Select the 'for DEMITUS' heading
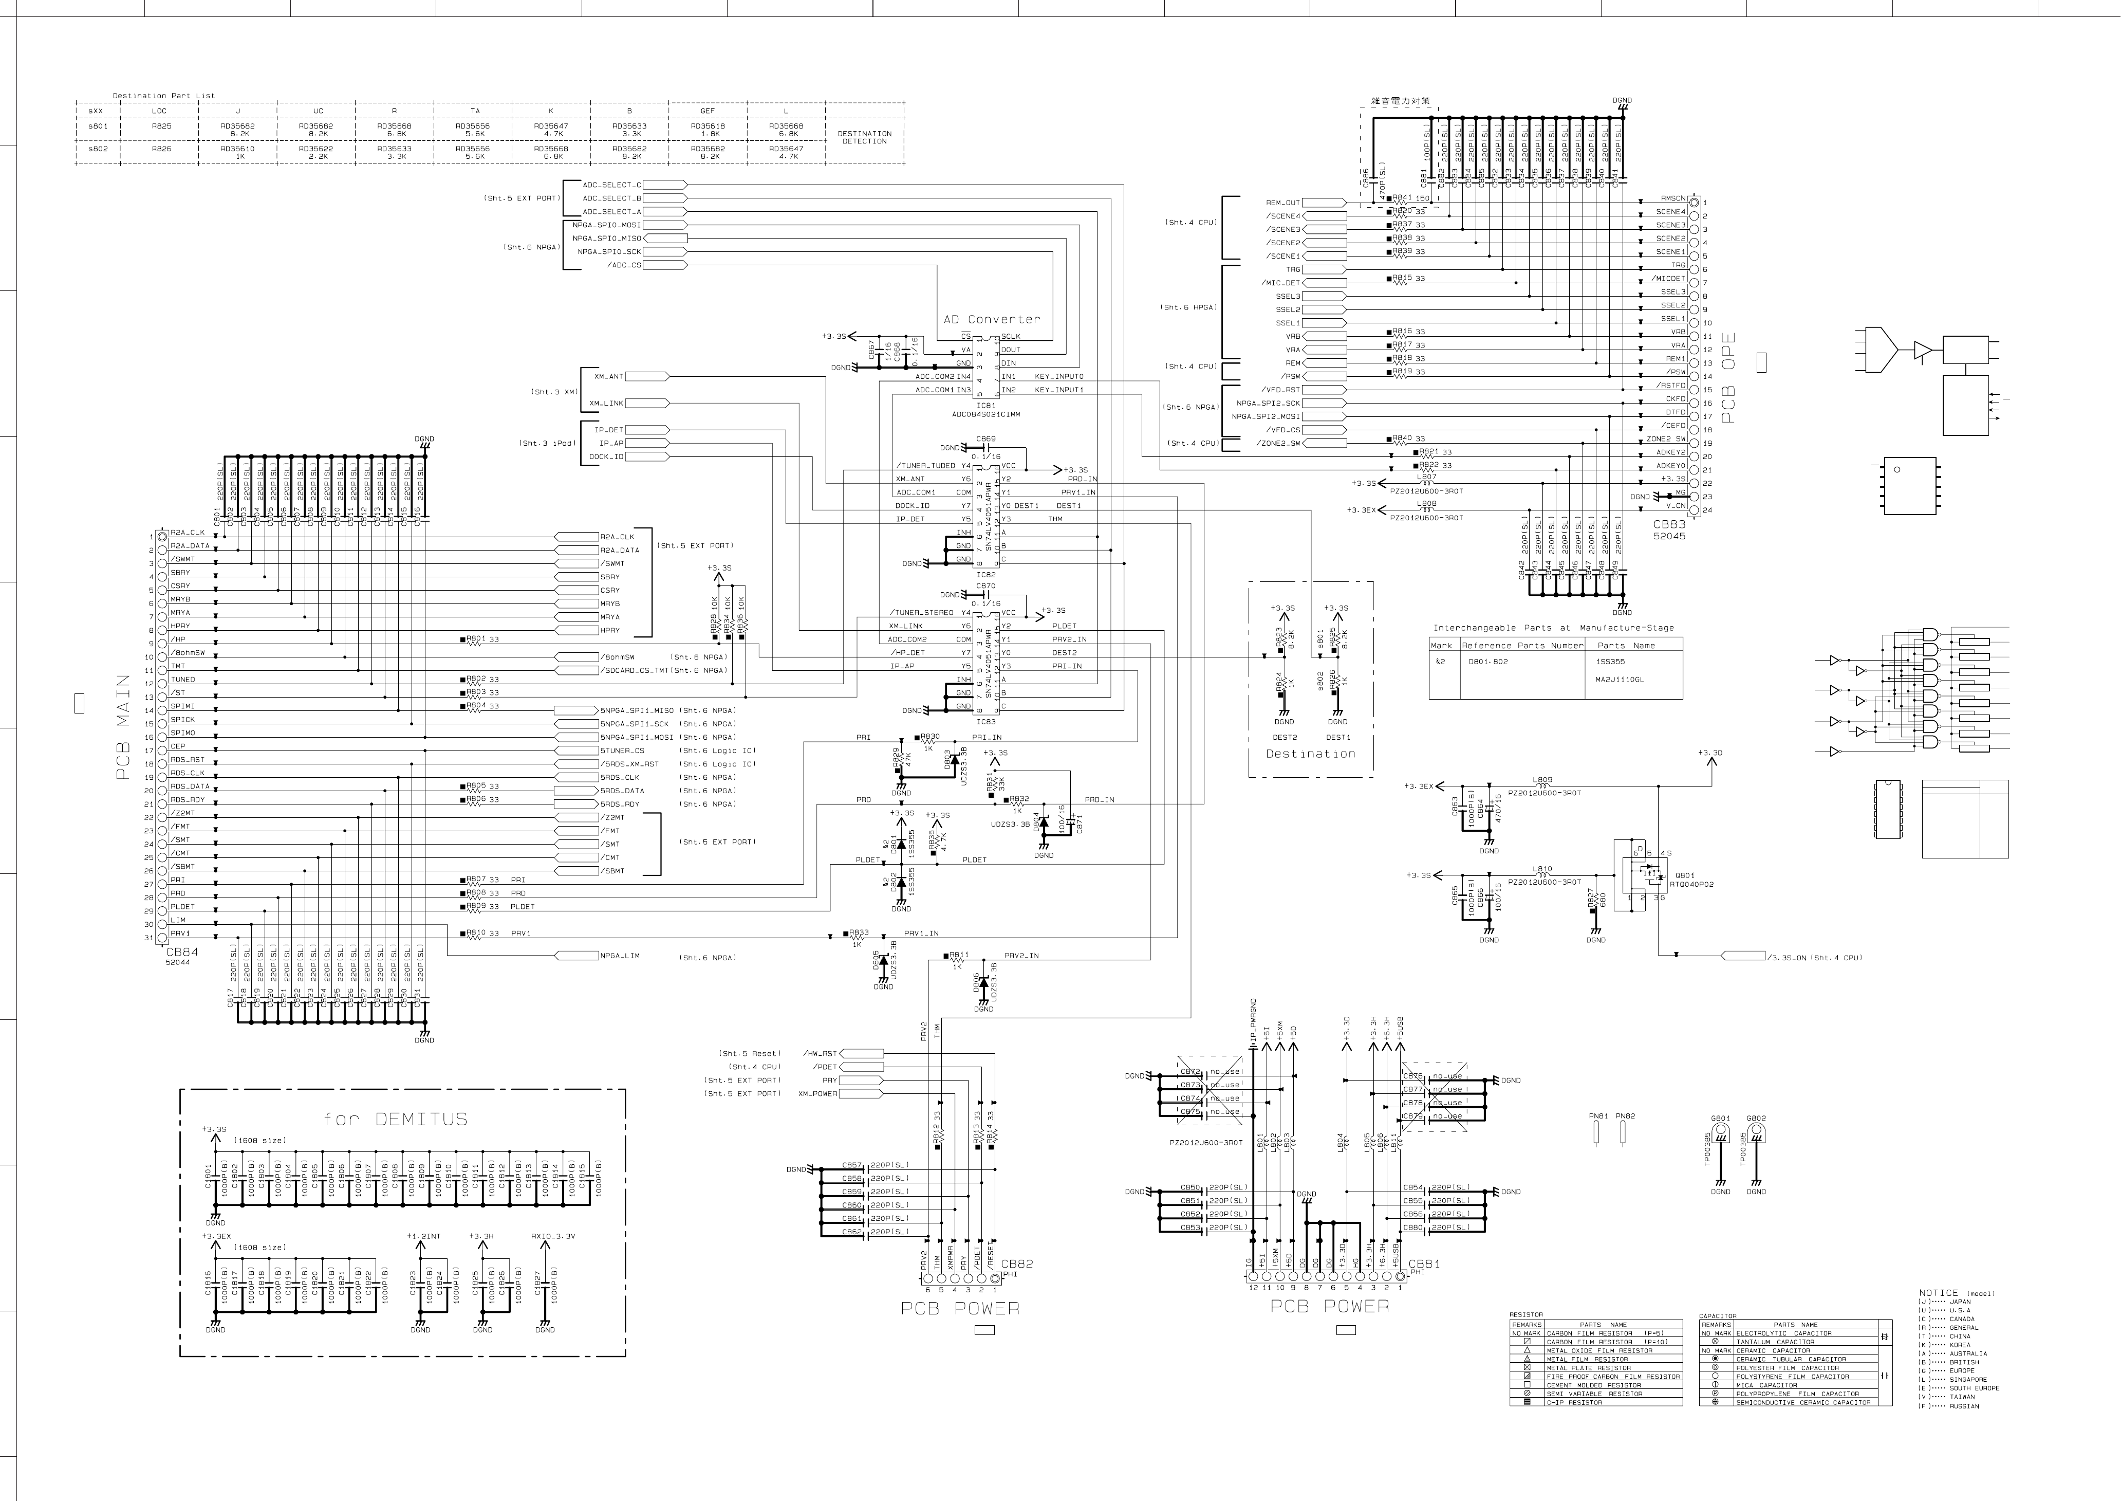pos(396,1119)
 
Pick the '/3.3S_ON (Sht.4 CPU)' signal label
pos(1813,958)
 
